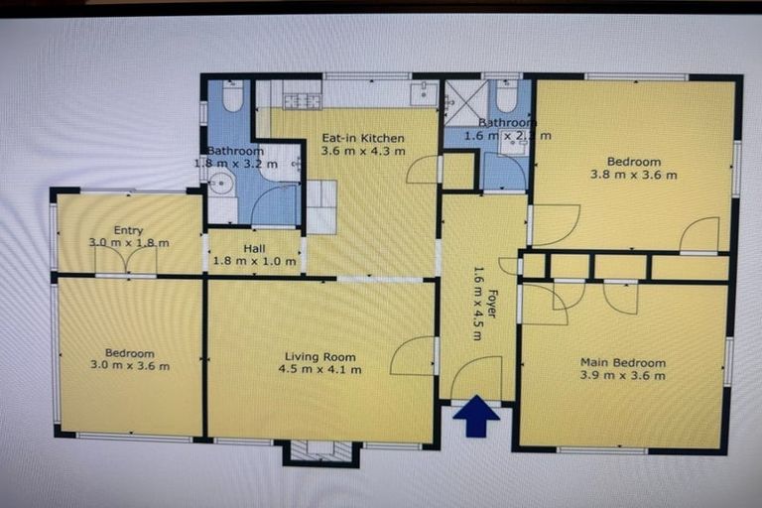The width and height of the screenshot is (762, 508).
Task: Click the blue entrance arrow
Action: click(x=476, y=416)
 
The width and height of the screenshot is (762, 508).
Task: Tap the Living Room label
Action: click(x=319, y=357)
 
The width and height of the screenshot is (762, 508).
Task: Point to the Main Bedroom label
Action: click(x=623, y=362)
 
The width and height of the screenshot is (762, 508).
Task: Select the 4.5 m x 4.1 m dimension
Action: click(x=319, y=370)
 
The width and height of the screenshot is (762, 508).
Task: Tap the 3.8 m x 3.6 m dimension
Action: click(x=634, y=176)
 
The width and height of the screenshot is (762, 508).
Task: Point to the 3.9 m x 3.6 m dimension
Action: click(x=623, y=375)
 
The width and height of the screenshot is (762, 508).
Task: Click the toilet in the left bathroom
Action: click(x=232, y=95)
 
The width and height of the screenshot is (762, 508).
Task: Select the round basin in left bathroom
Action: click(x=221, y=184)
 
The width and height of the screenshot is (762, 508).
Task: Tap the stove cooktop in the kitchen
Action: click(x=302, y=100)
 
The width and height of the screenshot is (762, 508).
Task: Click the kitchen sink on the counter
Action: click(x=424, y=93)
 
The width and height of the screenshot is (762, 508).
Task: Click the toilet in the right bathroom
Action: click(x=506, y=96)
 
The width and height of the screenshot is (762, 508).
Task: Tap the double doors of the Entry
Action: click(x=126, y=261)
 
